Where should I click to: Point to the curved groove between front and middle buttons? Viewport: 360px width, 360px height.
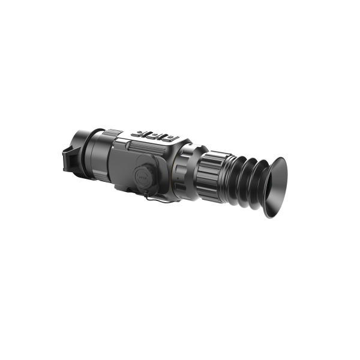tap(146, 133)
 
